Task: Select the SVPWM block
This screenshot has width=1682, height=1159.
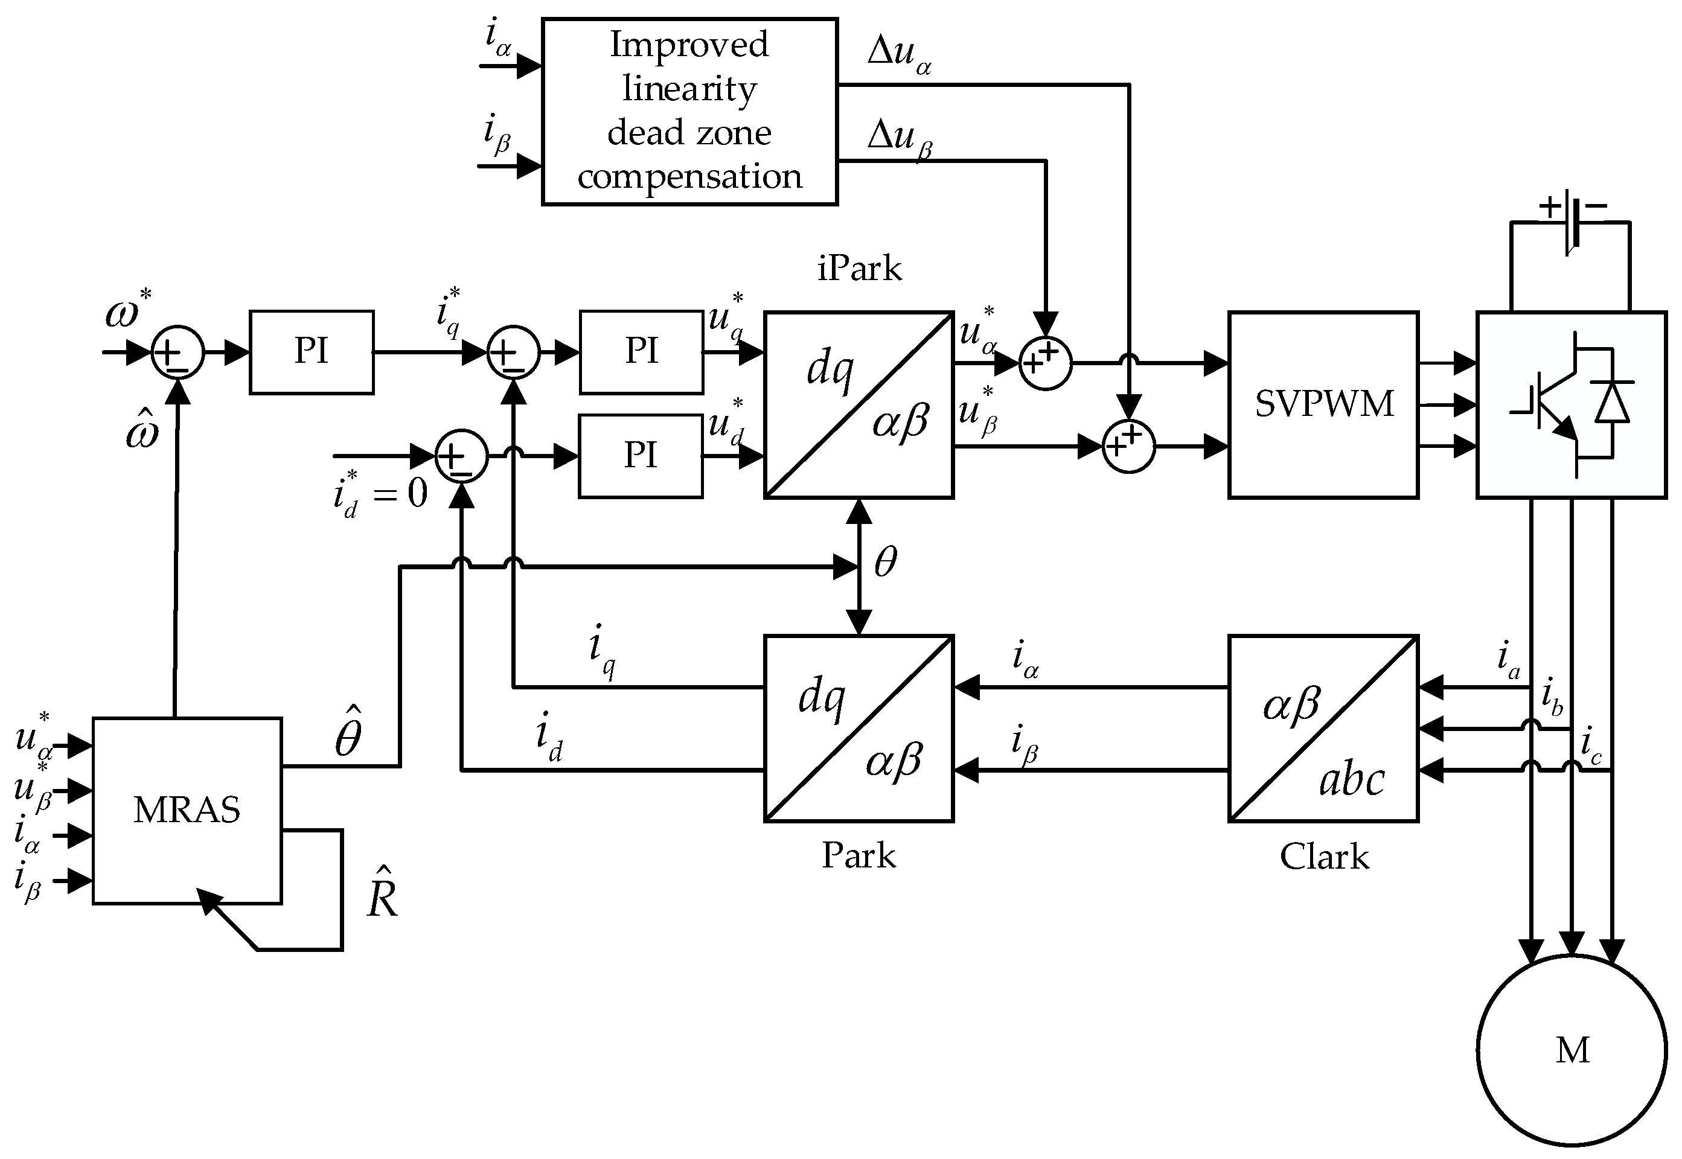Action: click(1323, 404)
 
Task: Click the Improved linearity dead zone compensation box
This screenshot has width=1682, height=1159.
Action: click(689, 111)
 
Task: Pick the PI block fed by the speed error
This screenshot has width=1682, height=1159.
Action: click(312, 352)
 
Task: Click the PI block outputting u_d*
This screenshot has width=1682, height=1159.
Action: click(641, 456)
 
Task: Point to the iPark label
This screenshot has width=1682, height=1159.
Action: click(859, 269)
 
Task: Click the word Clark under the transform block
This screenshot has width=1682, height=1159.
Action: click(1323, 857)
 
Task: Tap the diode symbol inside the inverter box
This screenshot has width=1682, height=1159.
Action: click(1611, 403)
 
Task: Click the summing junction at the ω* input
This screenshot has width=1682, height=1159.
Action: click(177, 352)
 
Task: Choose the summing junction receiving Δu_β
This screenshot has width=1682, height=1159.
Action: click(1045, 363)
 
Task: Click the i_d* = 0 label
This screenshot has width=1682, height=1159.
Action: click(380, 494)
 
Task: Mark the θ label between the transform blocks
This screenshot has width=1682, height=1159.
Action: click(884, 561)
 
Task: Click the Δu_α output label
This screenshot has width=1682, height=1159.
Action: click(899, 54)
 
